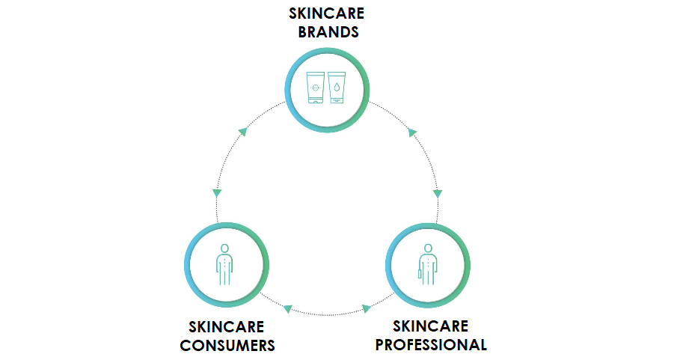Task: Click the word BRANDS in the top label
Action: click(326, 32)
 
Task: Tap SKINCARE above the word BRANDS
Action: click(326, 13)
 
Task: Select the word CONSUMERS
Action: click(227, 345)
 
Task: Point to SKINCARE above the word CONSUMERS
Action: click(227, 327)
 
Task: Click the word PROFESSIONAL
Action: click(431, 344)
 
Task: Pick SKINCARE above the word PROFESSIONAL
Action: click(431, 326)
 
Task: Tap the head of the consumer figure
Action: click(224, 248)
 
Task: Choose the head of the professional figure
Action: click(428, 248)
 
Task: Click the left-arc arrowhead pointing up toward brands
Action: click(242, 132)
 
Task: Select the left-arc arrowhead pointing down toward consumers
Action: click(217, 193)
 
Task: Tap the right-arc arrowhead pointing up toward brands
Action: click(412, 132)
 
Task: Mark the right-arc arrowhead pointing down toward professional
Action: click(438, 193)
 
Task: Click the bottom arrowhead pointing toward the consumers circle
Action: click(287, 308)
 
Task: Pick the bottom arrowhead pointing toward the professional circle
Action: click(367, 308)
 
